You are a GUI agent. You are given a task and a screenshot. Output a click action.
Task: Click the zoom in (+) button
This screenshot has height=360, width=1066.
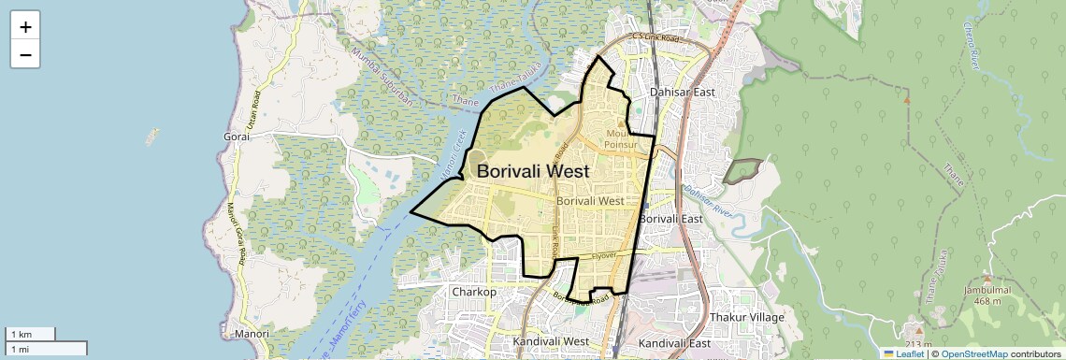[25, 27]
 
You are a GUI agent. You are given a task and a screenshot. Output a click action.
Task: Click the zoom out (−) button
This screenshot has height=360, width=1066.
[25, 55]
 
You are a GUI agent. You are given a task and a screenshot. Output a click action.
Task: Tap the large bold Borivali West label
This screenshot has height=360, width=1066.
[533, 172]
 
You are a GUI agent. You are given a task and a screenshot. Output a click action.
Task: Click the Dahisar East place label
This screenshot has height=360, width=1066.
[682, 92]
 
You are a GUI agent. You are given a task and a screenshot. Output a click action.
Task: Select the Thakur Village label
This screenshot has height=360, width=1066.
[747, 318]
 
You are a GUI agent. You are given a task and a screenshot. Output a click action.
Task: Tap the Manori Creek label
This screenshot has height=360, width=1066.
[453, 153]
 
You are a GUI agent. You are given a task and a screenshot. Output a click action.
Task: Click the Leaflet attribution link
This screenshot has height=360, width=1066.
[903, 353]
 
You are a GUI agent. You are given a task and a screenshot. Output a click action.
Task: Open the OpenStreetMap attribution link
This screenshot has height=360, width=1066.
[973, 353]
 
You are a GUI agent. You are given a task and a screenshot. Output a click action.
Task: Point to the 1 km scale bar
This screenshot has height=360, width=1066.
[31, 334]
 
